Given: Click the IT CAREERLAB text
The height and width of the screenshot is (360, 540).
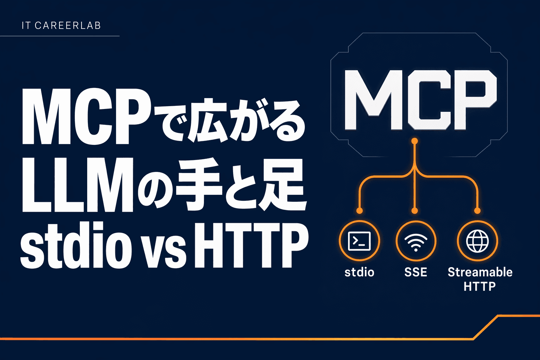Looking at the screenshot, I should click(61, 26).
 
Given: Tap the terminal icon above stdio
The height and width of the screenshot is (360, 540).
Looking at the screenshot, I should click(359, 241).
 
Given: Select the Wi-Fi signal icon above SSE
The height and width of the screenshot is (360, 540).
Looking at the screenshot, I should click(416, 241).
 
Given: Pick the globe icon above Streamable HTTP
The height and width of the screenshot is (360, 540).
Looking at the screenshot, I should click(477, 241).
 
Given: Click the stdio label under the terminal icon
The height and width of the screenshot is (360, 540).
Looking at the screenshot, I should click(359, 272).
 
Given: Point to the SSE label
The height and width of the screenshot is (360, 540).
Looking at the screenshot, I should click(416, 272).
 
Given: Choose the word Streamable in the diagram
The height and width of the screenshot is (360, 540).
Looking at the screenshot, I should click(480, 272).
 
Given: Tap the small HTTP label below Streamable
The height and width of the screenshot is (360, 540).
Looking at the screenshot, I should click(480, 287).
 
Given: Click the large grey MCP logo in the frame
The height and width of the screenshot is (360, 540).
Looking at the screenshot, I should click(420, 100).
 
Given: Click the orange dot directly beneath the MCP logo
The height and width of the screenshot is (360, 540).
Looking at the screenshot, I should click(415, 141).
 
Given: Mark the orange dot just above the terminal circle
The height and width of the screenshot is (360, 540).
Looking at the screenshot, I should click(359, 211).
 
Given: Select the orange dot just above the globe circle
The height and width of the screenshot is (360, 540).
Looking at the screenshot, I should click(477, 211).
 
